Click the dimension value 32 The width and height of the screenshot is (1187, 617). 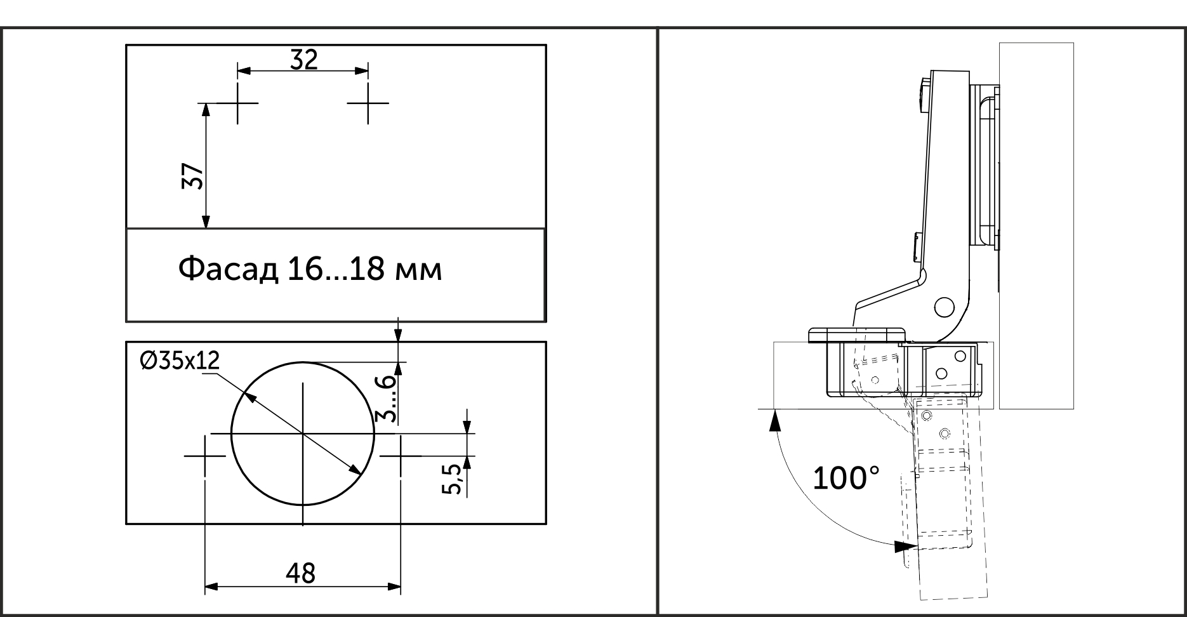pos(303,60)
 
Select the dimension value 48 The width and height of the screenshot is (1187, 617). pos(300,573)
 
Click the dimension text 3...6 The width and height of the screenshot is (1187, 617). pos(385,399)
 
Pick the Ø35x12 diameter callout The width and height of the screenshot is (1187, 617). pos(180,361)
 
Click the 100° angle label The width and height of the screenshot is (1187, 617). pos(846,478)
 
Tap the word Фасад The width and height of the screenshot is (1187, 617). pos(228,269)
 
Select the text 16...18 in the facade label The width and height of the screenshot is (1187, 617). pos(336,269)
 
